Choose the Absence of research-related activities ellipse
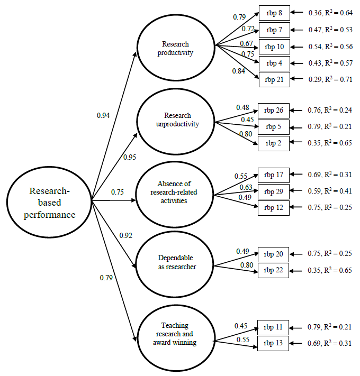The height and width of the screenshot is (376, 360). coord(175,192)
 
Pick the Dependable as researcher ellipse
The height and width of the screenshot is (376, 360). coord(175,263)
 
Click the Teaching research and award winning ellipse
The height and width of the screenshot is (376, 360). coord(175,334)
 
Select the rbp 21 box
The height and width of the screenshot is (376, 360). coord(274,79)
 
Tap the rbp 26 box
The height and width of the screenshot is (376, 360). coord(274,111)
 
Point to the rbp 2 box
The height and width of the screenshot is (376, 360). coord(274,142)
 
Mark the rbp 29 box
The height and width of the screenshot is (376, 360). coord(274,191)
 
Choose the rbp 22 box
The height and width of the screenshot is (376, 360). coord(274,270)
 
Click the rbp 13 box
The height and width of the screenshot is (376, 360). coord(274,343)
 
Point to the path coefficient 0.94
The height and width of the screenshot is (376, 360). coord(103,115)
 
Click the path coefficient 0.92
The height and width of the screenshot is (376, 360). coord(125,235)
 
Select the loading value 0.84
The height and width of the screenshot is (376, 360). coord(239,71)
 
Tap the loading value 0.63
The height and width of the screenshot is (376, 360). coord(245,187)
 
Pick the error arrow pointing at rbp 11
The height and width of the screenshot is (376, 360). coord(298,327)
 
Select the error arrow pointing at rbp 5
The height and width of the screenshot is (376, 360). coord(298,127)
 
